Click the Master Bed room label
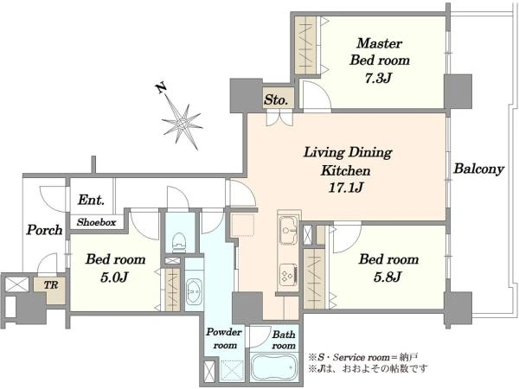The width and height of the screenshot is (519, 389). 380,52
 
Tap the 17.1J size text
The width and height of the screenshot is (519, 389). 346,188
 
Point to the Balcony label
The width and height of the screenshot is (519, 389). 478,169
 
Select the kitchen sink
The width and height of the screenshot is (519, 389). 288,230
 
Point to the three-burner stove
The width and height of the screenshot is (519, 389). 289,275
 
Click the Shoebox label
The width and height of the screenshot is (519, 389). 96,222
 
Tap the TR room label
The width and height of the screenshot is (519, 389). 51,284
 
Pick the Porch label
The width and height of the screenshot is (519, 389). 44,230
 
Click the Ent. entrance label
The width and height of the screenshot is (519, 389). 91,200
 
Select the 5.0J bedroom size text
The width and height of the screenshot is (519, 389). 114,277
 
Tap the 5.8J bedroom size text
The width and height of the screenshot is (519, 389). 388,277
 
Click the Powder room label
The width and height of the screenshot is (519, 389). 224,338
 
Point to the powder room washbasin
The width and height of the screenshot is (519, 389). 194,291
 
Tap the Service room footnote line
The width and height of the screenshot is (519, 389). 363,357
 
